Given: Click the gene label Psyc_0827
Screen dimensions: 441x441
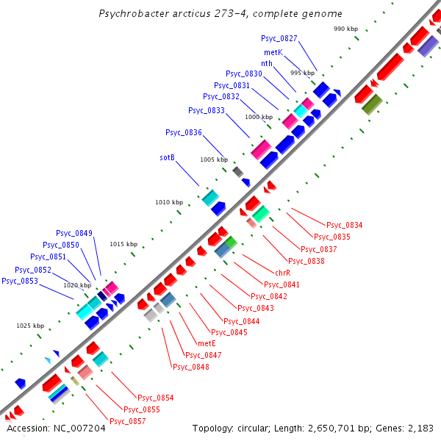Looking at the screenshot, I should tap(279, 38).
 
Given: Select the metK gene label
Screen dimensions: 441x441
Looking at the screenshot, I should tap(273, 52).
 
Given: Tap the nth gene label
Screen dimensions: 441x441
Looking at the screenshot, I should tap(267, 63).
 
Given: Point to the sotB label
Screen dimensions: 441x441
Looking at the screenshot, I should tap(167, 157).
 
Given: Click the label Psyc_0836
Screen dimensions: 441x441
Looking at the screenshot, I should tap(184, 132).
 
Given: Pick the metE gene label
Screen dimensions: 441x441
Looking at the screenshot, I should tap(207, 343).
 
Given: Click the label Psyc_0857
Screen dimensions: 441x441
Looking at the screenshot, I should tap(128, 421).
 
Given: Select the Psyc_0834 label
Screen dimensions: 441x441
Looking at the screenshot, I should tap(345, 225).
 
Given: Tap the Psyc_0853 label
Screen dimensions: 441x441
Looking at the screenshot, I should tap(20, 281).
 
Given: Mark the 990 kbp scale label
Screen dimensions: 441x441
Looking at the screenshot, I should tap(345, 29).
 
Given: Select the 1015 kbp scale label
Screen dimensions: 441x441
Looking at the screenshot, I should tap(123, 244).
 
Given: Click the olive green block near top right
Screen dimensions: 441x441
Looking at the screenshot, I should tap(373, 104).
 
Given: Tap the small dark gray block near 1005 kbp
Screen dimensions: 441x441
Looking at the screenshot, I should tap(237, 171).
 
